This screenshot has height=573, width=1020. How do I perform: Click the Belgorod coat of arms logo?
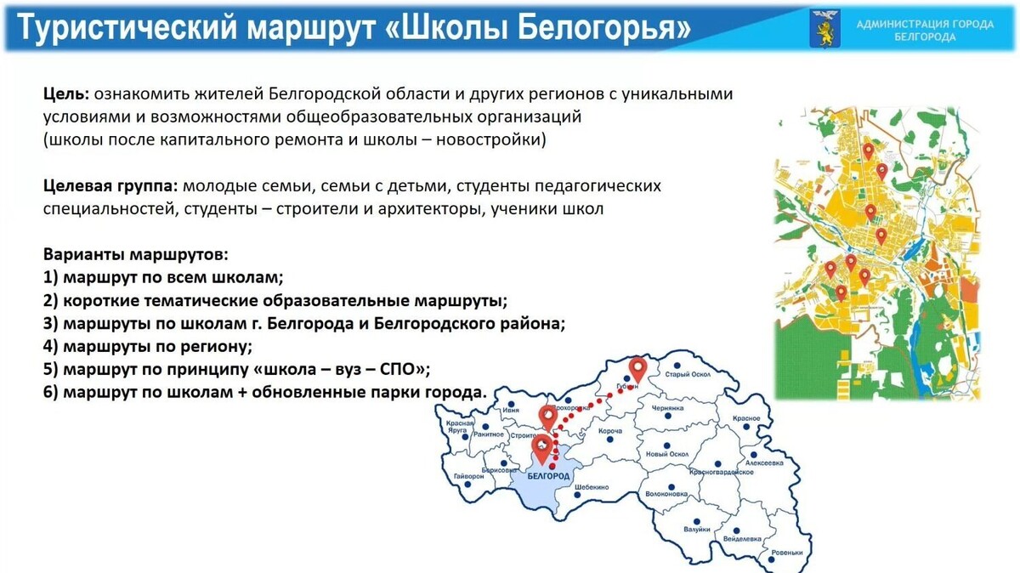pos(824,28)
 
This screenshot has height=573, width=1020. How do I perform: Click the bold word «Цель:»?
pos(67,94)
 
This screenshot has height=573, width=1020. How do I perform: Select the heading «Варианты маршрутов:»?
pos(136,254)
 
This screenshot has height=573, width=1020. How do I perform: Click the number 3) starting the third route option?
pos(49,323)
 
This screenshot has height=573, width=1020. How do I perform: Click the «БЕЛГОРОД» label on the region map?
pos(548,477)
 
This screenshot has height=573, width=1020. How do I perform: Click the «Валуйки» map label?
pos(696,529)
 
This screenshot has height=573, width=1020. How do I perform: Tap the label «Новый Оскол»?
pos(667,454)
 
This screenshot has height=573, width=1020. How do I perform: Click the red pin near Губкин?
pos(637,369)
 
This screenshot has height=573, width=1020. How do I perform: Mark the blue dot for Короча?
pos(610,419)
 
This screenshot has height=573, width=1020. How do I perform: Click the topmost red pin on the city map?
pos(868,150)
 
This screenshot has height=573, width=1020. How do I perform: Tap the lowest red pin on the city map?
pos(841,292)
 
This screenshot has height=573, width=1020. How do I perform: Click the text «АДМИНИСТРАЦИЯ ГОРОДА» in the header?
pos(925,24)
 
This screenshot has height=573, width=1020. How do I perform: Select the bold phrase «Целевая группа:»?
pos(110,185)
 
